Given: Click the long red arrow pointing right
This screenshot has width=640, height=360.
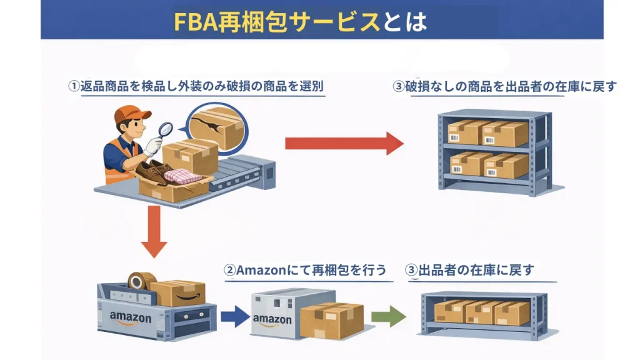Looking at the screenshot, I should pos(344,143).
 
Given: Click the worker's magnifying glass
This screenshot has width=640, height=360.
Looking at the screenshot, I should pos(166,129).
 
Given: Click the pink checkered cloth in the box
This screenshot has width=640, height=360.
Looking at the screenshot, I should pos(182,176).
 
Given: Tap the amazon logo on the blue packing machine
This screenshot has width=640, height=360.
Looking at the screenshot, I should pos(131,317).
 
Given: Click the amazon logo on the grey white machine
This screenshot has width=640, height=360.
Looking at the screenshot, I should pos(272,320).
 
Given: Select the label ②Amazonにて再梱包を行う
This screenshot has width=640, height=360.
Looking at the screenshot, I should pos(306,271).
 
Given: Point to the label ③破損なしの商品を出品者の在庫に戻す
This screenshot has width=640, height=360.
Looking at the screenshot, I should pos(504,86).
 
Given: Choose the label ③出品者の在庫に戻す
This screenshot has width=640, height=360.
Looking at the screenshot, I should pos(470,271).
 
